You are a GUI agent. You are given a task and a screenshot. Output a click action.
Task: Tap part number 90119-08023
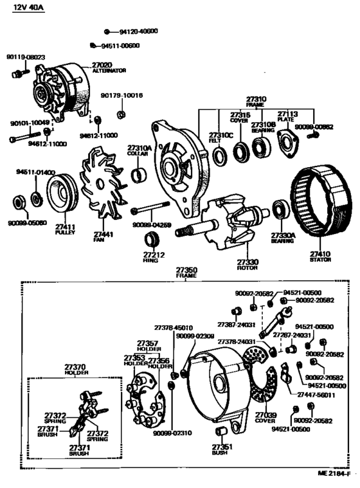point(26,57)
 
